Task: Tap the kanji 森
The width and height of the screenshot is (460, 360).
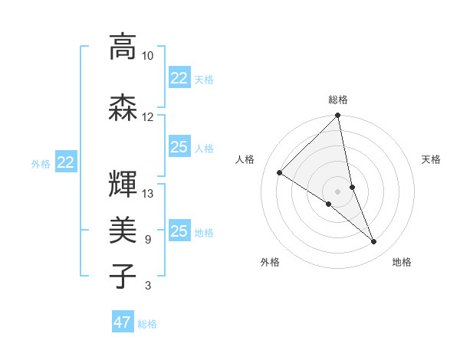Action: coord(123,107)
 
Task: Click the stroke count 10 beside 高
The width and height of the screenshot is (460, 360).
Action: coord(147,56)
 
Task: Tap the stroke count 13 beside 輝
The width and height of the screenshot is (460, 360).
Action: coord(147,194)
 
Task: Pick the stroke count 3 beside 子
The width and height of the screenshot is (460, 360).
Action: coord(147,286)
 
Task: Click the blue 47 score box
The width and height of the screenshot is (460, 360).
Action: coord(123,322)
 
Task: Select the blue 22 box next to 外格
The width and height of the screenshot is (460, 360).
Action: coord(65,162)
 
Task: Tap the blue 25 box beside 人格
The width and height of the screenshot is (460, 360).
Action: coord(179,147)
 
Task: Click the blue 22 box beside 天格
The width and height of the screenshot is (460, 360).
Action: coord(179,78)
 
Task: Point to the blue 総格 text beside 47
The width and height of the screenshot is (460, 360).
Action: coord(148,324)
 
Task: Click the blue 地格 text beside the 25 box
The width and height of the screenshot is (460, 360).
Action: coord(205,233)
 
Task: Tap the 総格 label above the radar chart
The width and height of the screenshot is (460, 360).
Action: coord(338,100)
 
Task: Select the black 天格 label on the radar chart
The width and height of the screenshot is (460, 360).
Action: coord(432,159)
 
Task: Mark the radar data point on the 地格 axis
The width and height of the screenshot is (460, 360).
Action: coord(374,242)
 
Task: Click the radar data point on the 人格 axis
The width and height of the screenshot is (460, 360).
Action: coord(280,173)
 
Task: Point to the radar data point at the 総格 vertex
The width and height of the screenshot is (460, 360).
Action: coord(338,116)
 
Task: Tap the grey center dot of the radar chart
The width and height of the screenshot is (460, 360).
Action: coord(337,191)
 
